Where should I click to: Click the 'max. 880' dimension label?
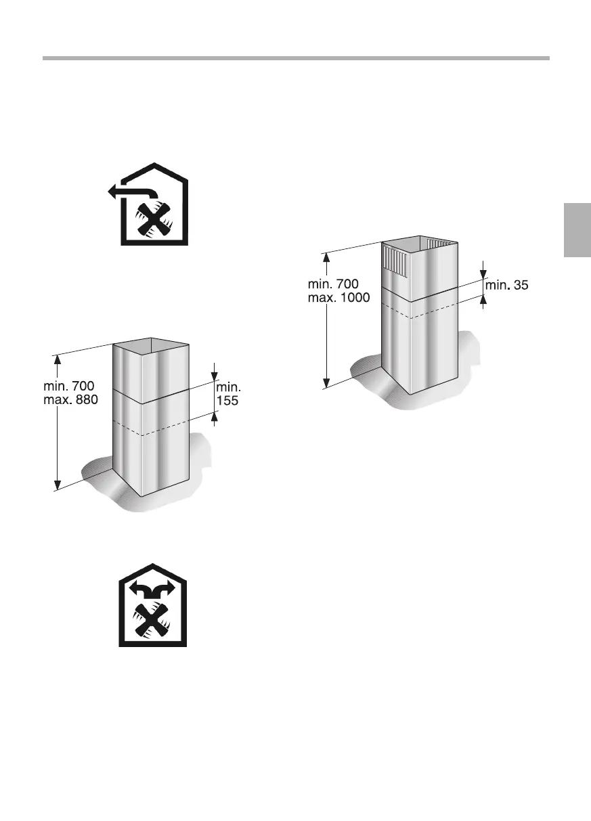tap(70, 400)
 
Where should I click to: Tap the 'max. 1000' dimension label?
tap(338, 297)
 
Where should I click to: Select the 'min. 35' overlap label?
tap(506, 286)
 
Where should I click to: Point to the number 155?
tap(227, 401)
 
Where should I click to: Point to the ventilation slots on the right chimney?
tap(395, 261)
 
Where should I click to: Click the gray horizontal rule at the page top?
tap(296, 58)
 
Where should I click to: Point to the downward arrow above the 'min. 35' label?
tap(483, 273)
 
